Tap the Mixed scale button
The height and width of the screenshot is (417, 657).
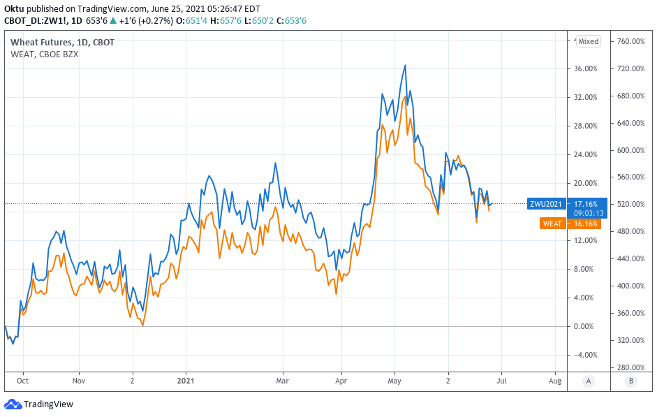tap(588, 41)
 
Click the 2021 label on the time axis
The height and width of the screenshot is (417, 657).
tap(186, 381)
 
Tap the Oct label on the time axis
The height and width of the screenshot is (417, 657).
tap(23, 381)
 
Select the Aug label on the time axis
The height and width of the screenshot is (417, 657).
tap(555, 381)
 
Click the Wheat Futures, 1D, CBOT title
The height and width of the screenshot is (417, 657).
tap(62, 42)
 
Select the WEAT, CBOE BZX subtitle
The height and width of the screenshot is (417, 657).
tap(44, 54)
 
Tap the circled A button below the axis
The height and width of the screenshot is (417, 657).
tap(589, 381)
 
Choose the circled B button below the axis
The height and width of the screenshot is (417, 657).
tap(632, 381)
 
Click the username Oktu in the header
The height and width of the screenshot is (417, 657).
tap(15, 8)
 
